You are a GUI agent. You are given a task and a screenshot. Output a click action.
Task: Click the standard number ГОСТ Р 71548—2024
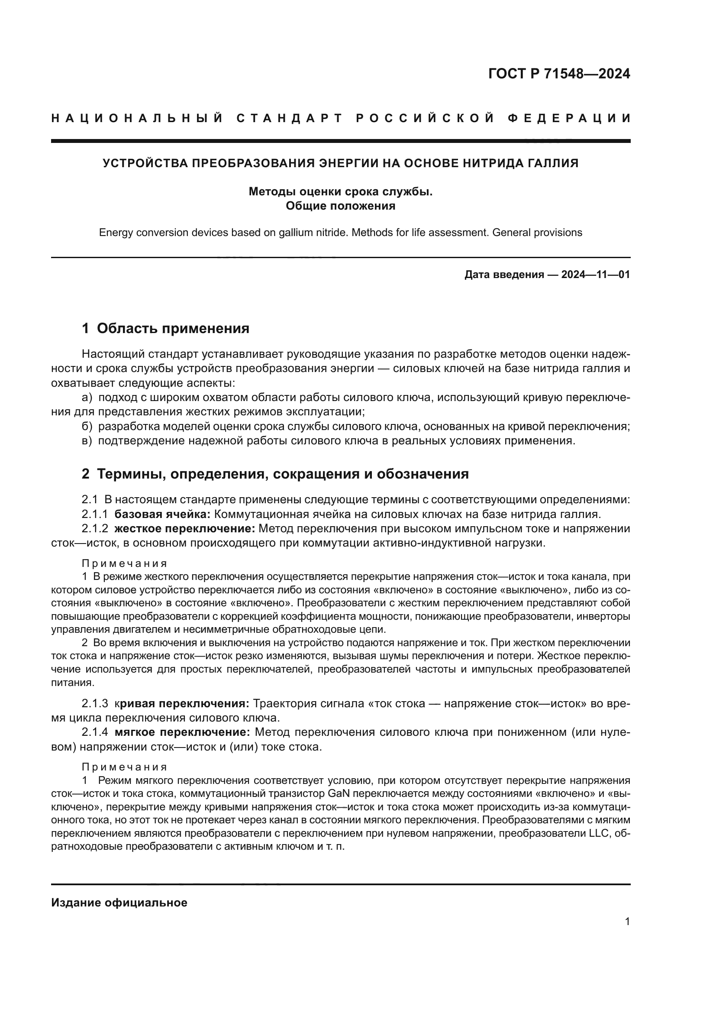click(559, 74)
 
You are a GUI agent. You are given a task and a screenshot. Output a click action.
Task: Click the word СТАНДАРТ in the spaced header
click(290, 118)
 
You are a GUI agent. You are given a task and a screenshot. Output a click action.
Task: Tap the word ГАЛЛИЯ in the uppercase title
click(553, 163)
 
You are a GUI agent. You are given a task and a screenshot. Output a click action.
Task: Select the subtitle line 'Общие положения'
click(340, 206)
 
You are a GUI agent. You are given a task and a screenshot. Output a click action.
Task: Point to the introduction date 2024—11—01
click(595, 275)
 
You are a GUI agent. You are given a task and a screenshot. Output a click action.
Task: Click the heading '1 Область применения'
click(165, 328)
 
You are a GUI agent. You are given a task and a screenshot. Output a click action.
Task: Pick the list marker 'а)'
click(87, 398)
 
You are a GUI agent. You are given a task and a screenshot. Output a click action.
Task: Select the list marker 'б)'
click(87, 426)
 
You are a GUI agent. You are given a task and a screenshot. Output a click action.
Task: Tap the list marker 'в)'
click(87, 441)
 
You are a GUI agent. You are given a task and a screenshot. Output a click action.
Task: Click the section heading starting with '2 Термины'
click(275, 474)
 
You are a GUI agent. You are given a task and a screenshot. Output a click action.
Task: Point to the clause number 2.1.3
click(95, 703)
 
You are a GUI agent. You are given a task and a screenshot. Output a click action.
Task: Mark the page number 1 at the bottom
click(627, 921)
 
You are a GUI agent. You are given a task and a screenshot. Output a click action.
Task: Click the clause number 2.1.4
click(95, 732)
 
